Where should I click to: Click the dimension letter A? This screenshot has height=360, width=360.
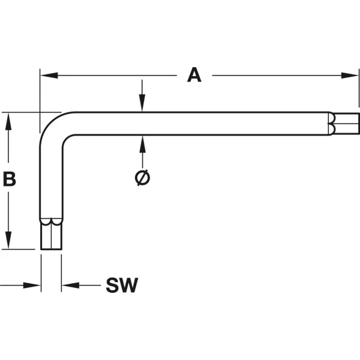coord(194,75)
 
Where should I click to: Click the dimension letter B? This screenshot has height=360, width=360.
coord(10,179)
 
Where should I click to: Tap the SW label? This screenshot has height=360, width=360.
coord(122,285)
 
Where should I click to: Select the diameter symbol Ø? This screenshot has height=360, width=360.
coord(142,178)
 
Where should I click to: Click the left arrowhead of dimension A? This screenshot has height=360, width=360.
coord(49,76)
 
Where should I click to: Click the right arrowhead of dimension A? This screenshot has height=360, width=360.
coord(349,76)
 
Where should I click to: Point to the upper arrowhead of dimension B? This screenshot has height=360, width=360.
coord(8,121)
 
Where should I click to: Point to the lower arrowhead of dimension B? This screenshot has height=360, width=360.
coord(8,240)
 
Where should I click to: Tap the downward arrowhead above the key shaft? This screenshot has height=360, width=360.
coord(142,103)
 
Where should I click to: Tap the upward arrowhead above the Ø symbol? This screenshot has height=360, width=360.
coord(143,144)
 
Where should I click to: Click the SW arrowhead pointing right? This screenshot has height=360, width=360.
coord(32,286)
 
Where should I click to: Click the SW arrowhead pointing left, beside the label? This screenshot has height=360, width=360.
coord(70,286)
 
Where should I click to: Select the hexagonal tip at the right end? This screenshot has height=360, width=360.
coord(347,124)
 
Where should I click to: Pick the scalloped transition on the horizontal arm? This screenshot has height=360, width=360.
coord(332,124)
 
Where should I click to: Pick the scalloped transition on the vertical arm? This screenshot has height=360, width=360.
coord(51,221)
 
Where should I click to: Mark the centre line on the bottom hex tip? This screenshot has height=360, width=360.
coord(51,236)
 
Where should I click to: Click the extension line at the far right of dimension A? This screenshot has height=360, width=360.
coord(359,88)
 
